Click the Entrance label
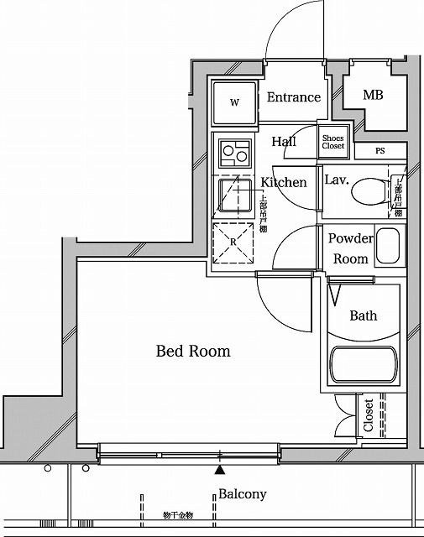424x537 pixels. (293, 97)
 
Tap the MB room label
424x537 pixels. (373, 95)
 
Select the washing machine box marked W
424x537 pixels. (234, 103)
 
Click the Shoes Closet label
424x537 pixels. (333, 142)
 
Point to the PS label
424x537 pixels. (380, 151)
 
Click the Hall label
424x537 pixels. (284, 142)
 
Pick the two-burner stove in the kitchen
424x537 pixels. (234, 154)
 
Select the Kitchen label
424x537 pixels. (284, 182)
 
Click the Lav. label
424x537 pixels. (337, 180)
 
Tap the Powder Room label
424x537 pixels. (350, 248)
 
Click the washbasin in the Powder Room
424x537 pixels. (390, 247)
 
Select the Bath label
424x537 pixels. (363, 315)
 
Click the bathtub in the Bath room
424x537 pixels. (362, 365)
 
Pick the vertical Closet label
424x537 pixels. (369, 414)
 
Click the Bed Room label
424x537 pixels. (193, 352)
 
